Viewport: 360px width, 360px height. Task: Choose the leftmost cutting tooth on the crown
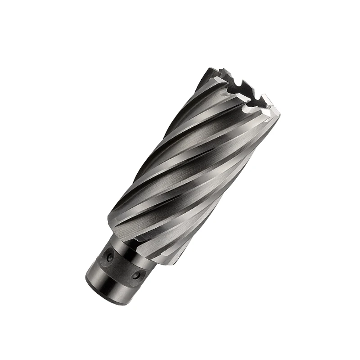211,72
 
